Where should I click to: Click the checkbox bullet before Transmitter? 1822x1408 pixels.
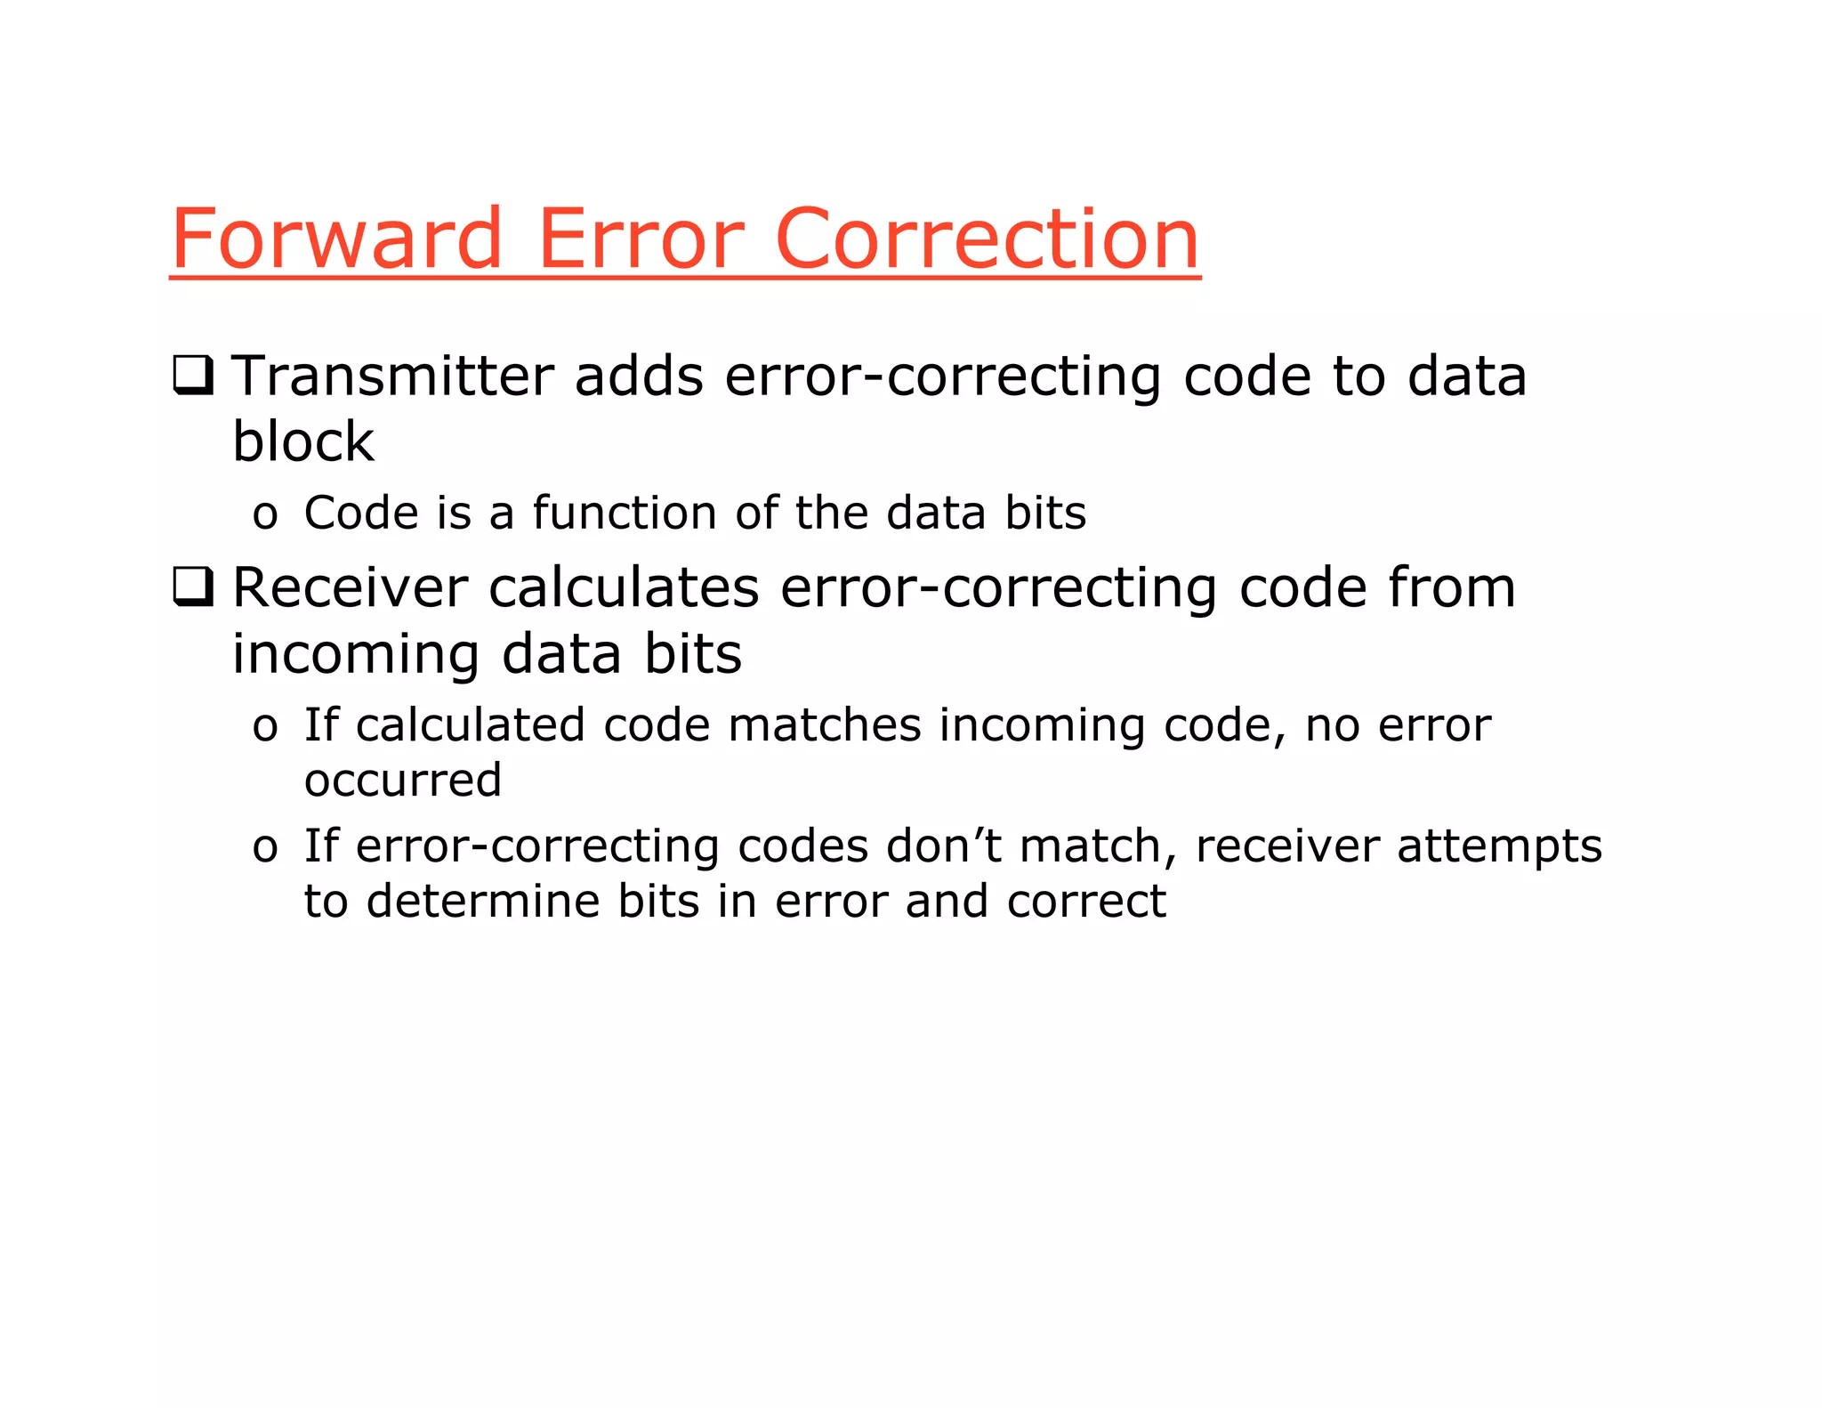[x=193, y=376]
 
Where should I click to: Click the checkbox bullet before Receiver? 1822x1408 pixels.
[x=193, y=587]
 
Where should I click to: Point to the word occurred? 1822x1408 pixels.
[x=403, y=780]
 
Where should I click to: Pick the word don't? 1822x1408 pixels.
[x=944, y=846]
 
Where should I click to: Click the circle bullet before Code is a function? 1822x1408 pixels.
[x=265, y=516]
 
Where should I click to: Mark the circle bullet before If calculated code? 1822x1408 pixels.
[x=265, y=728]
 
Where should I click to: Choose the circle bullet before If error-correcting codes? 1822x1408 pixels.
[x=265, y=849]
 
